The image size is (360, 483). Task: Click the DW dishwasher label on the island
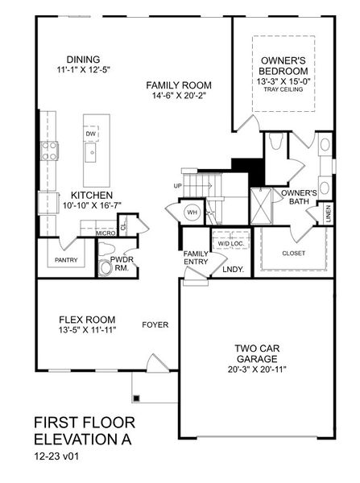[91, 134]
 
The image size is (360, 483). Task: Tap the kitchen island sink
[93, 151]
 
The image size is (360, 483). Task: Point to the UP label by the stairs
[178, 186]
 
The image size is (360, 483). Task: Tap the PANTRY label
[66, 261]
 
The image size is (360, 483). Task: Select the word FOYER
[155, 325]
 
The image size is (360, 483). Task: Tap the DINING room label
[84, 59]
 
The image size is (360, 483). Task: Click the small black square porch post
[136, 398]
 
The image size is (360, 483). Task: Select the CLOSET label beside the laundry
[293, 254]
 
